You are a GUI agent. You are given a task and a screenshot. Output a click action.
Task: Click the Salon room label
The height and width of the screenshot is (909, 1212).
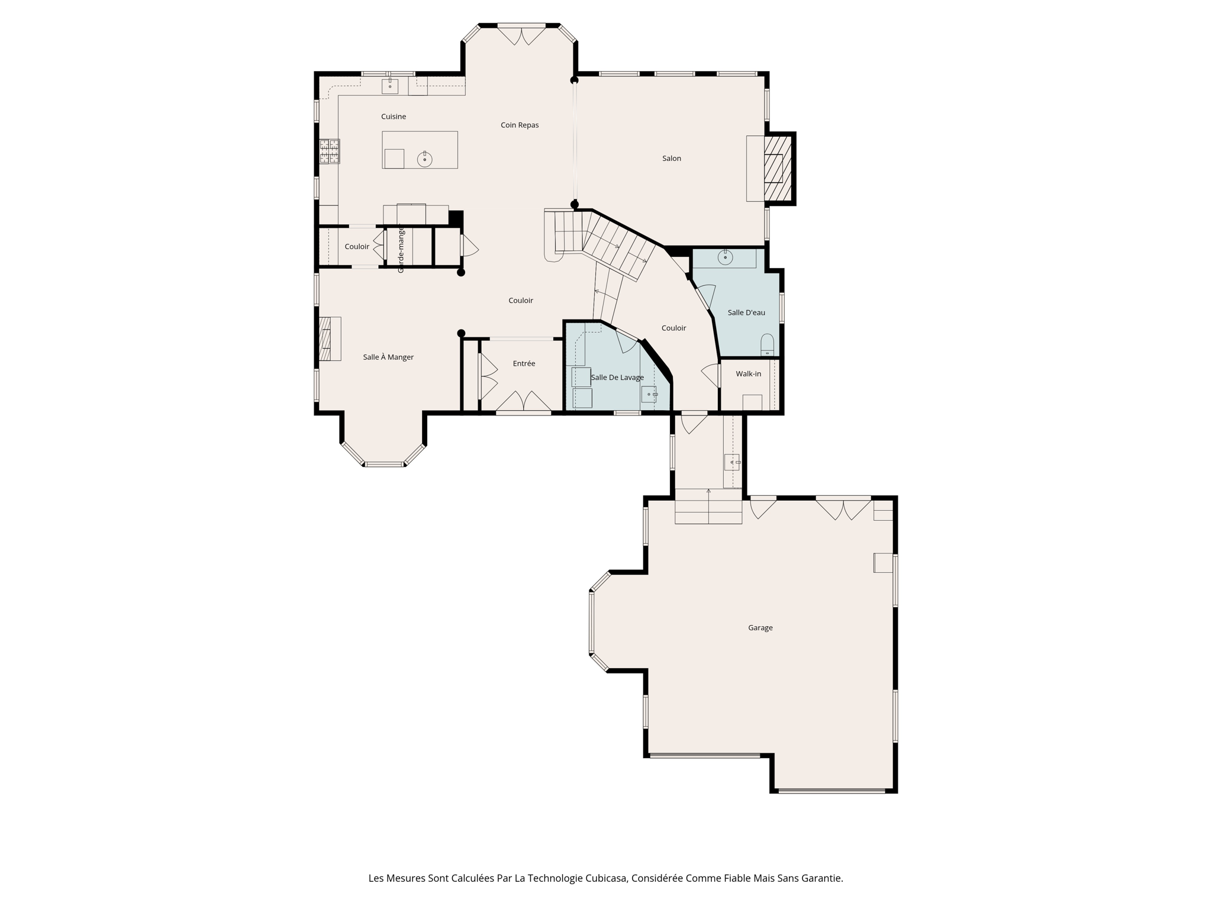coord(671,159)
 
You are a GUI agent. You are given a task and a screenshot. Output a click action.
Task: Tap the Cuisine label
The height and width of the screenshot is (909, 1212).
coord(394,117)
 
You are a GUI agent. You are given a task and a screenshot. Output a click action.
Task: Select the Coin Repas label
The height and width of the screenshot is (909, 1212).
coord(520,125)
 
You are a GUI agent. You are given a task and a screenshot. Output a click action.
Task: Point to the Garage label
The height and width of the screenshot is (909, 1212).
coord(760,628)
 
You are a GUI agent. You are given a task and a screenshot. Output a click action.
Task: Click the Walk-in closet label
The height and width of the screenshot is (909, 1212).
coord(748,374)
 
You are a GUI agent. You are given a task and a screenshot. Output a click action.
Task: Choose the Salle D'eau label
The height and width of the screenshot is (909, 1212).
coord(746,312)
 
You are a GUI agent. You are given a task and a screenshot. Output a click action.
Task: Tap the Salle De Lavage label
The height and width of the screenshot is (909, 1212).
coord(617,378)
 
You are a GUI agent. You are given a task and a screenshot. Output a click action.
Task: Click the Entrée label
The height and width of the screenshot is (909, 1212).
coord(524,363)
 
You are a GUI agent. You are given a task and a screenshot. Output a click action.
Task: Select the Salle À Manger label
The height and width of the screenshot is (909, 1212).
coord(388,357)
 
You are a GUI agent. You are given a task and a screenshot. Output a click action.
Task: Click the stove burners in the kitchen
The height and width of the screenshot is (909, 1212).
coord(330,151)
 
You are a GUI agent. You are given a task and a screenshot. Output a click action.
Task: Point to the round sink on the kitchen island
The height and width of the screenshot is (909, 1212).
coord(424,159)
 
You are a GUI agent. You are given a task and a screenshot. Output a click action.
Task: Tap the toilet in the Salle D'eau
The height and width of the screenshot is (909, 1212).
coord(767,346)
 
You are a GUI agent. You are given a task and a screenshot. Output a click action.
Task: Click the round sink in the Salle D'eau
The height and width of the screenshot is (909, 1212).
coord(725,257)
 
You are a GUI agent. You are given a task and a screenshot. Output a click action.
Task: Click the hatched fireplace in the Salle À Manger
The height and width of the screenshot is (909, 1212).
coord(325,339)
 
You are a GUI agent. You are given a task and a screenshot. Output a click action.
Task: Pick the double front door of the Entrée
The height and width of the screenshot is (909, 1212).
coord(524,402)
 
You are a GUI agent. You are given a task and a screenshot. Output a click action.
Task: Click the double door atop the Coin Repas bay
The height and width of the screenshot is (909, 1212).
coord(521,35)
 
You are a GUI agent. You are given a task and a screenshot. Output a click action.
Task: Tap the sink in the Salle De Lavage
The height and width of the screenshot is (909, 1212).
coord(649,394)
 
